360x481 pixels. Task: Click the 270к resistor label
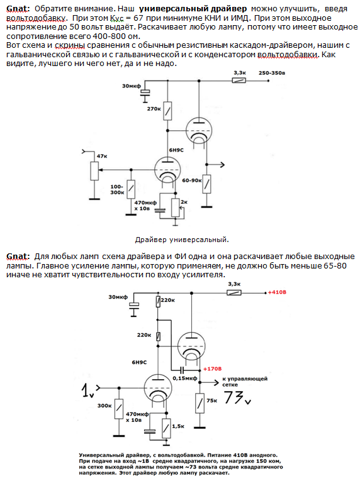[x=154, y=109]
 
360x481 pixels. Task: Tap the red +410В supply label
[x=277, y=292]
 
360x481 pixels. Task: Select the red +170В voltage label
[x=212, y=368]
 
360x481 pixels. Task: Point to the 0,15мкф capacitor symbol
[x=182, y=369]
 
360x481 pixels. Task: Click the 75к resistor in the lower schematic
[x=200, y=403]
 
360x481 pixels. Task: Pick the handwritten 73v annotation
[x=237, y=397]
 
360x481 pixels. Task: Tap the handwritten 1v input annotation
[x=88, y=391]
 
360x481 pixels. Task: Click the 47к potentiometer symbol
[x=94, y=170]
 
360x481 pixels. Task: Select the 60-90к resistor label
[x=192, y=180]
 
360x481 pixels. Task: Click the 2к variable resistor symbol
[x=175, y=207]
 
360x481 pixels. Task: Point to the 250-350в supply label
[x=272, y=73]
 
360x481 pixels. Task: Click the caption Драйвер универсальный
[x=182, y=240]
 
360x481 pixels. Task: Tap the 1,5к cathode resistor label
[x=178, y=426]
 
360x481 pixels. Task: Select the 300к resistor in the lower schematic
[x=119, y=409]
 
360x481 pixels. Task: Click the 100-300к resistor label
[x=117, y=190]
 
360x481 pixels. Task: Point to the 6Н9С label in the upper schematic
[x=176, y=150]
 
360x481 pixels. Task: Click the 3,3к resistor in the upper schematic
[x=239, y=80]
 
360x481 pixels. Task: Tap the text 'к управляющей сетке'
[x=245, y=382]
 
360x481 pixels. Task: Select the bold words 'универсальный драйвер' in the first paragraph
[x=193, y=9]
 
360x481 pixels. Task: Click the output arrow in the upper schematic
[x=216, y=165]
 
